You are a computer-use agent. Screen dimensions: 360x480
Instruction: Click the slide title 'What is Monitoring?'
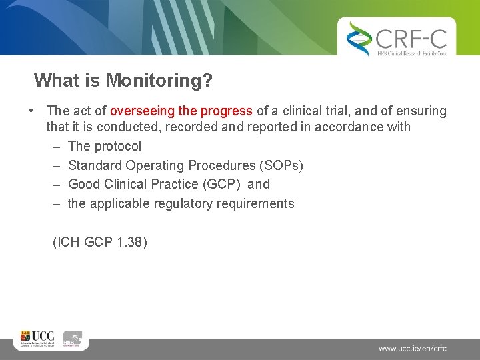pyautogui.click(x=123, y=81)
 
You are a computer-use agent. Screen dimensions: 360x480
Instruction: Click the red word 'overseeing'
pyautogui.click(x=141, y=111)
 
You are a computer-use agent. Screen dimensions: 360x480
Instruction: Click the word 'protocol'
pyautogui.click(x=117, y=146)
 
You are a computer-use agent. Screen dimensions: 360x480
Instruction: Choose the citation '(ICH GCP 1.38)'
pyautogui.click(x=99, y=243)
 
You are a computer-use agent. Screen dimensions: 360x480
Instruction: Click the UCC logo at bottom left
pyautogui.click(x=37, y=339)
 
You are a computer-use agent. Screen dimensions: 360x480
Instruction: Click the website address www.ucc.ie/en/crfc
pyautogui.click(x=412, y=348)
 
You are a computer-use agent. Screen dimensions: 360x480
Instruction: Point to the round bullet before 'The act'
pyautogui.click(x=31, y=111)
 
